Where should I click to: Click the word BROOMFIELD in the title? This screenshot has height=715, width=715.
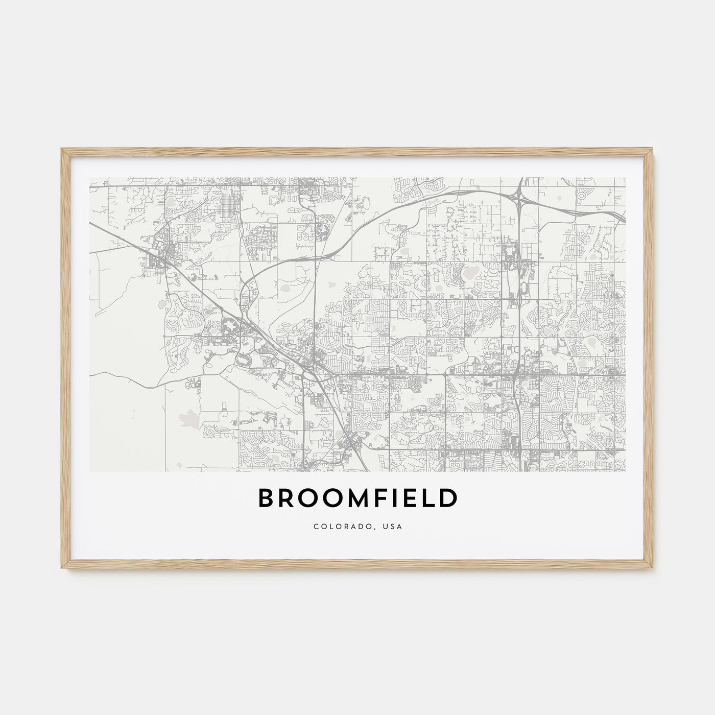click(x=357, y=499)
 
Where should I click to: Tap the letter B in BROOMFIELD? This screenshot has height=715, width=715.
click(x=267, y=499)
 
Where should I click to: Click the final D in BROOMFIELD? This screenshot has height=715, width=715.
click(x=448, y=499)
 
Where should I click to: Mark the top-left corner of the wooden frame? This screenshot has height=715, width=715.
click(x=61, y=148)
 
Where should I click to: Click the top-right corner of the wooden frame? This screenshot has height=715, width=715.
click(x=654, y=148)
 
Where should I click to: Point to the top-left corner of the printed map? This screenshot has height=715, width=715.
click(x=89, y=178)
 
